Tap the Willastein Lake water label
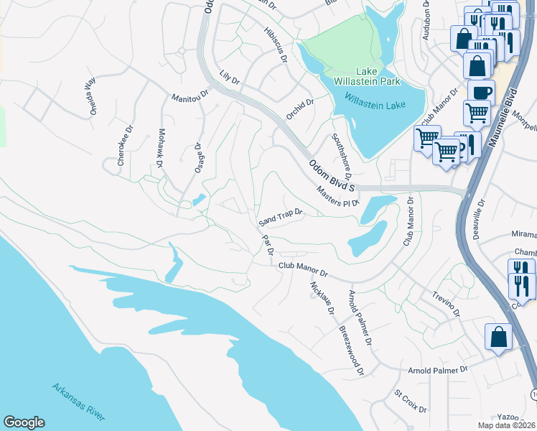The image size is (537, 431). point(375,101)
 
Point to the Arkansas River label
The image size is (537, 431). point(80,402)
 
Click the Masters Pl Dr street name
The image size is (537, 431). point(337,195)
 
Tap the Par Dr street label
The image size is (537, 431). point(267,245)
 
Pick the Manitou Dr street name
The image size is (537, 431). point(190,95)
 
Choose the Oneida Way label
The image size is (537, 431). point(90,92)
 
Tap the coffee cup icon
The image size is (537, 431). point(481,92)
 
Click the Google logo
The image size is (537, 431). point(24,422)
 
